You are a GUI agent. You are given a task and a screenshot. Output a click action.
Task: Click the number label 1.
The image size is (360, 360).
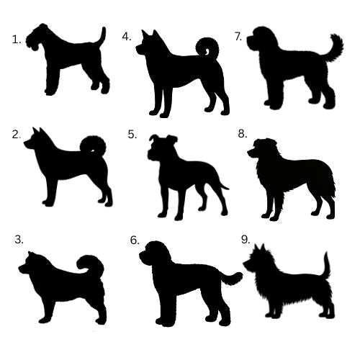(17, 40)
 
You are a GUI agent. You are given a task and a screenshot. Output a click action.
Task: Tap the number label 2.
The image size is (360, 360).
(17, 135)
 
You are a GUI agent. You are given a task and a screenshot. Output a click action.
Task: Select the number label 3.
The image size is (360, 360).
(19, 240)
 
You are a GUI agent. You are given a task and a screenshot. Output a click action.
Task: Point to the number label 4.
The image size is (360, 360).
(127, 37)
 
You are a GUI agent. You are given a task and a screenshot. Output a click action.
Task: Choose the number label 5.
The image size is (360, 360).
(132, 135)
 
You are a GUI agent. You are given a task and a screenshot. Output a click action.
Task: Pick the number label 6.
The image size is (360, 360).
(135, 240)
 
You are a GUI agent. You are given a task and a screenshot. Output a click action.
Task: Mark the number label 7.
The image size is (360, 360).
(238, 37)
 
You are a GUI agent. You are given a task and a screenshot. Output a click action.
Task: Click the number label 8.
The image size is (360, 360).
(243, 134)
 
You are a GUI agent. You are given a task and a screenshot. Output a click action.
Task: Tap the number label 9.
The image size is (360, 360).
(246, 240)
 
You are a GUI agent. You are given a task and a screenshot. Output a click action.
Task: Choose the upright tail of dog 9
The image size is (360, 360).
(326, 265)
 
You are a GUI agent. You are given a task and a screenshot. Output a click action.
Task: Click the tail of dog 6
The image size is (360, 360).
(232, 279)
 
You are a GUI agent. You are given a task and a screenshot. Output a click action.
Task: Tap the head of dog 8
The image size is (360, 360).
(263, 149)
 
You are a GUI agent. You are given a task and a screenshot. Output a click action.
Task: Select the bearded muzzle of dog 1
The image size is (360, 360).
(31, 43)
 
